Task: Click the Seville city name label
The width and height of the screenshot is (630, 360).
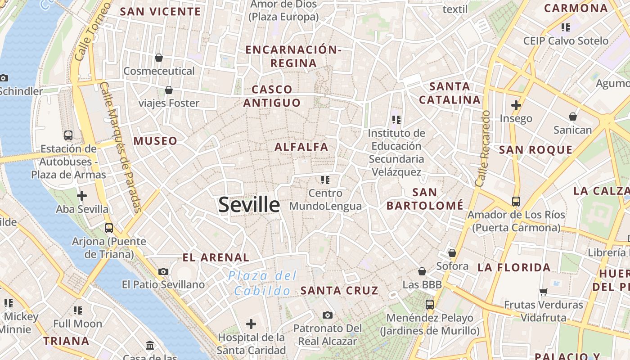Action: click(x=249, y=205)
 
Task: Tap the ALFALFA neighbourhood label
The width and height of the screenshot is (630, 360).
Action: click(x=301, y=147)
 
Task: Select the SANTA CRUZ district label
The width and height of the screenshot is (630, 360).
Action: click(x=339, y=290)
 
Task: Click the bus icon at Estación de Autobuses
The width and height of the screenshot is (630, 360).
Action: click(x=68, y=135)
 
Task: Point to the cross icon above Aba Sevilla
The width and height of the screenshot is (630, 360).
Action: click(x=82, y=196)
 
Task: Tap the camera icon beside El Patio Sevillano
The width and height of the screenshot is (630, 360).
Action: click(x=163, y=271)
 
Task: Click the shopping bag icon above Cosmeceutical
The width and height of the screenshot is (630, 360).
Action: click(x=159, y=58)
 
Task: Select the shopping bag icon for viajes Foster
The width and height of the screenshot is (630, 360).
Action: click(x=169, y=90)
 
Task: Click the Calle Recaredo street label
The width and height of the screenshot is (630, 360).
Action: click(x=482, y=148)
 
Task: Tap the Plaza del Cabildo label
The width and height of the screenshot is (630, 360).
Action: click(x=262, y=283)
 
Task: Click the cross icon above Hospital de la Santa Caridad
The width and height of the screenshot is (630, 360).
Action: click(x=251, y=324)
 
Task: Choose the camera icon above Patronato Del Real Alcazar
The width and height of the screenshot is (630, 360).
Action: click(x=328, y=315)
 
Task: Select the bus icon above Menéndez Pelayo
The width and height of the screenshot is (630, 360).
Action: click(x=430, y=305)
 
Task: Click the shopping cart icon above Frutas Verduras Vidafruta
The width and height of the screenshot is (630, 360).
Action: click(x=544, y=292)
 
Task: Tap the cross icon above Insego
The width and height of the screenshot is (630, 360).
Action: click(x=516, y=105)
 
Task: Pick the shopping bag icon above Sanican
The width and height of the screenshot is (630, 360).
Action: click(x=572, y=117)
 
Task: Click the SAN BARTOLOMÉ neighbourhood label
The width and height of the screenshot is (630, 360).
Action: click(x=425, y=199)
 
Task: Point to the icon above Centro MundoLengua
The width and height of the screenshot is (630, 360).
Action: click(x=325, y=180)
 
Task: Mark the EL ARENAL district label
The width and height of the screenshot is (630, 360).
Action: click(x=216, y=257)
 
